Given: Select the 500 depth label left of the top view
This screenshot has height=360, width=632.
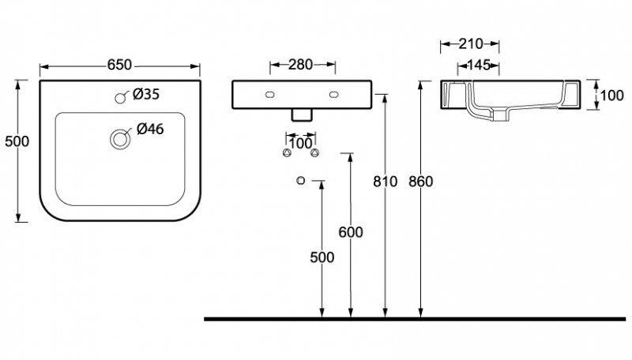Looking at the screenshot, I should (17, 141).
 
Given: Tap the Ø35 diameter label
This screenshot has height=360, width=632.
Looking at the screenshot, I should (146, 95).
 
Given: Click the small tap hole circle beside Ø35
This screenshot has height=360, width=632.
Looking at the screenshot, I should (121, 98).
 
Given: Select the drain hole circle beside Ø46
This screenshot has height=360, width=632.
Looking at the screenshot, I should (120, 139).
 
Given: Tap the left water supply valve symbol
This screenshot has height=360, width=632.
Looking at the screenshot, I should (285, 152).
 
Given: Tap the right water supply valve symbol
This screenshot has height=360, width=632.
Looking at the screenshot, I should (314, 152).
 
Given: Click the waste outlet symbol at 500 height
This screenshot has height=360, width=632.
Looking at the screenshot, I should (300, 181).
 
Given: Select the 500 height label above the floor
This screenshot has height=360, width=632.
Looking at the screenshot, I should (322, 257).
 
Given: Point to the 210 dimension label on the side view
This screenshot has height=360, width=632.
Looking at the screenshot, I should (469, 44).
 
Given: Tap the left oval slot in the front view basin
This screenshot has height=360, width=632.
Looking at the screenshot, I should (271, 94).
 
